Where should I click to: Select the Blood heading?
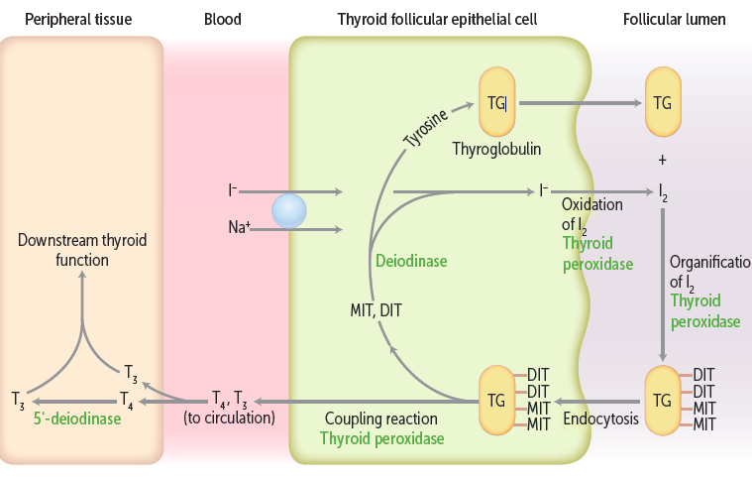tap(223, 19)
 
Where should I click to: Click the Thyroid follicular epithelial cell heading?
tap(438, 19)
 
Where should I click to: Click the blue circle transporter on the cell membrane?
tap(290, 210)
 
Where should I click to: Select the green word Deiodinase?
tap(411, 261)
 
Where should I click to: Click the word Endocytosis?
tap(599, 419)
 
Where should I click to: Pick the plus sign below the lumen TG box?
tap(663, 159)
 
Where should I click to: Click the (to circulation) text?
tap(229, 419)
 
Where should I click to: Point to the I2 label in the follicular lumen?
tap(663, 190)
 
